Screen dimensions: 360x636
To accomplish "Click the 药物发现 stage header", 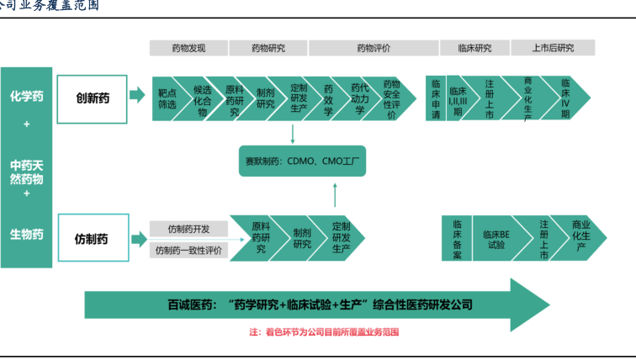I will coord(188,48).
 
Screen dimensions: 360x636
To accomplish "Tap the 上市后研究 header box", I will coord(553,48).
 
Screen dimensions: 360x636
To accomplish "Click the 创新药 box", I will coord(92,99).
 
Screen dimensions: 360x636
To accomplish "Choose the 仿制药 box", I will coord(92,239).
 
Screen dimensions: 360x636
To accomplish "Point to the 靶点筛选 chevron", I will coord(167,99).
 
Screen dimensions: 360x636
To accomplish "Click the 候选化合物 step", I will coord(202,99).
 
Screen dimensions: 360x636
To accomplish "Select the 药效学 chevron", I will coord(329,99).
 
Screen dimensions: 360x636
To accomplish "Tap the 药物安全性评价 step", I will coord(391,99).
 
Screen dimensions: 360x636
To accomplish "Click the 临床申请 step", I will coord(436,99).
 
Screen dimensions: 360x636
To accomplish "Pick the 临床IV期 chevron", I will coord(565,99).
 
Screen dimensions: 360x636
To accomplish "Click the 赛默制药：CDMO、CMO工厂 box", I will coord(303,161).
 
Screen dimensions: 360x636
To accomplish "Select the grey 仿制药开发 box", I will coord(188,229).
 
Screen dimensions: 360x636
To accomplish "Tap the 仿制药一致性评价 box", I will coord(188,250).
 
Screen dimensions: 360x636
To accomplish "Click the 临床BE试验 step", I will coord(495,239).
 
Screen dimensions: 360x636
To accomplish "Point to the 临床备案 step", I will coord(457,239).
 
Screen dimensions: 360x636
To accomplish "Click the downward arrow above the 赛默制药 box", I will coord(292,132).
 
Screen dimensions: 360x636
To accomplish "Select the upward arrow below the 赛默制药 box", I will coord(334,195).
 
